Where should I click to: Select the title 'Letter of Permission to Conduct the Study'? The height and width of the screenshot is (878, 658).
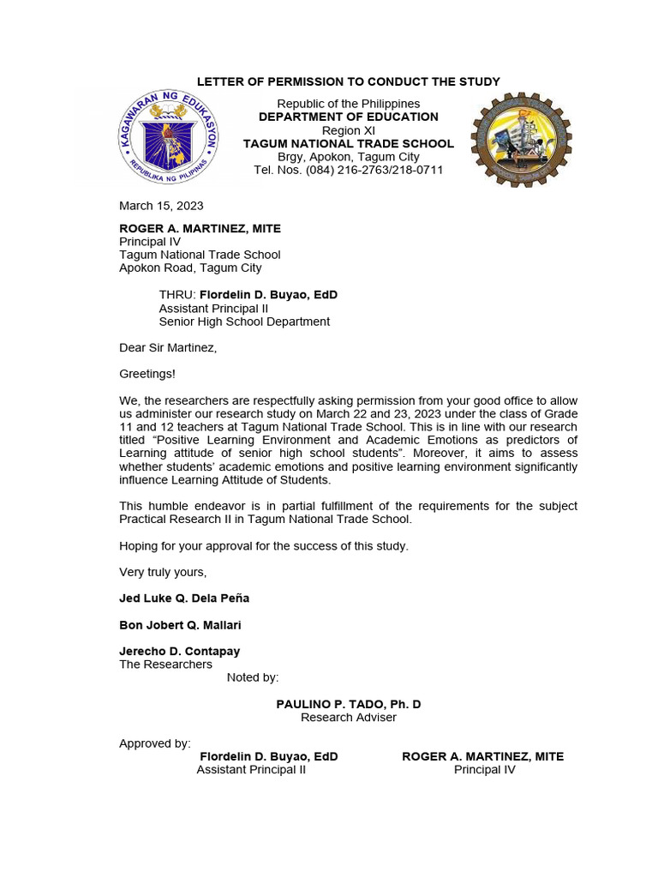(x=348, y=81)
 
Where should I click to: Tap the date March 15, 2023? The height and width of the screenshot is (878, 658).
(x=161, y=206)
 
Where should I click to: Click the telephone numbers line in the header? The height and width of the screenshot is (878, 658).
(x=348, y=170)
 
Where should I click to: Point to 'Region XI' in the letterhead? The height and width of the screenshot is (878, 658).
(x=348, y=129)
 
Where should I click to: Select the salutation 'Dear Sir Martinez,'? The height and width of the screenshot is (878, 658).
(x=168, y=347)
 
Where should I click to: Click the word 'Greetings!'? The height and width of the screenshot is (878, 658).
(x=147, y=374)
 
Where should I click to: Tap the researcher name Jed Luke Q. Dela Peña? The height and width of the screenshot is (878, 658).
(x=184, y=598)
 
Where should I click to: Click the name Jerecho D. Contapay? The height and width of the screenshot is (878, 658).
(x=179, y=652)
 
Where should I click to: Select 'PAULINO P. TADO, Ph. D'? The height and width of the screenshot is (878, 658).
(x=348, y=704)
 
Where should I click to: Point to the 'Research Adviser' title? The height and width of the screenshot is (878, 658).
(x=348, y=717)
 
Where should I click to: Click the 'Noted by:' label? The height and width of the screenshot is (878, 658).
(x=253, y=677)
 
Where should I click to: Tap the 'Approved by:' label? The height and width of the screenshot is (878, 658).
(x=155, y=743)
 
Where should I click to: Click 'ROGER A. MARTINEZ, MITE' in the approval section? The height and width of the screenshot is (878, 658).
(x=483, y=756)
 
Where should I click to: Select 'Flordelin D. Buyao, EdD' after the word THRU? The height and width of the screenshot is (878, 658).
(x=268, y=295)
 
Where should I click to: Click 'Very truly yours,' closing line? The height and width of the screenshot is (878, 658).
(x=163, y=572)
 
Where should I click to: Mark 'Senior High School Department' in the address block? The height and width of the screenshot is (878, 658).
(x=244, y=322)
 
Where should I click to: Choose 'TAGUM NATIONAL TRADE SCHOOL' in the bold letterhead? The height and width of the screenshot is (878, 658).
(x=348, y=143)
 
